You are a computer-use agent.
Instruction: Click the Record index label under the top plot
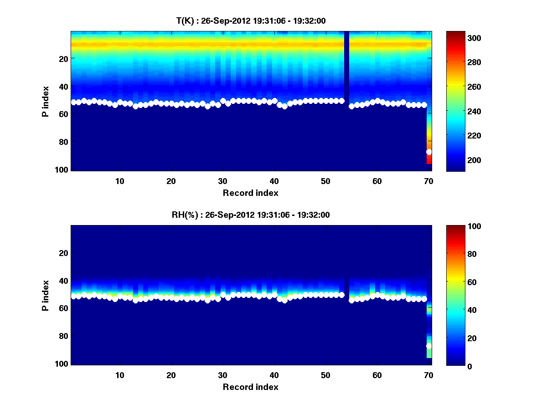(251, 193)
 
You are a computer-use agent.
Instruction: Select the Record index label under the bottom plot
(251, 387)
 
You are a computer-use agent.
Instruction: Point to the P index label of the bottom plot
(46, 296)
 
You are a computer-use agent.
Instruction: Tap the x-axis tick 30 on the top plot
(222, 181)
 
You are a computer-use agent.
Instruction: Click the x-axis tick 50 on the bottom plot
(325, 375)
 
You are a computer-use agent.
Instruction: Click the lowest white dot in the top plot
(429, 152)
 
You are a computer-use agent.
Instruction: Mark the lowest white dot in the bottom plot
(429, 346)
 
